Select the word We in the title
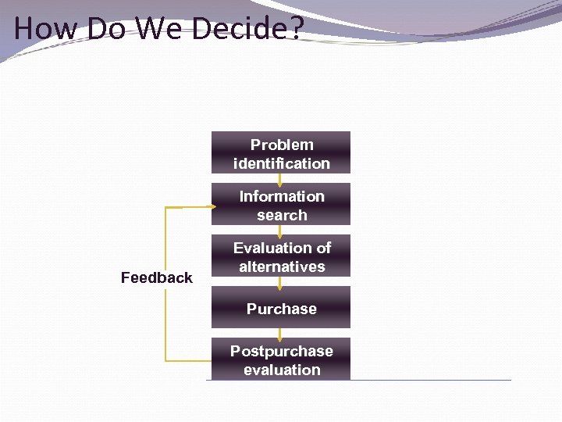[x=161, y=28]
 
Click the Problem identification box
[x=281, y=152]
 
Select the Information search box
[x=281, y=204]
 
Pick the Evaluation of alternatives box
[x=281, y=256]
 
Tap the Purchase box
[x=281, y=307]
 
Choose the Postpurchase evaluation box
[x=281, y=359]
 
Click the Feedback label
[x=156, y=277]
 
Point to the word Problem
[x=282, y=145]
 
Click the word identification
[x=282, y=163]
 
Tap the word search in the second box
[x=282, y=215]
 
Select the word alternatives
[x=282, y=266]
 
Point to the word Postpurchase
[x=282, y=351]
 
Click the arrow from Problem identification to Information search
[x=280, y=179]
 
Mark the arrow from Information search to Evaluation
[x=280, y=231]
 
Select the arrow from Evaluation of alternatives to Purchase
[x=280, y=282]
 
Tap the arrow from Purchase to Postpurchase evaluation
[x=280, y=334]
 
